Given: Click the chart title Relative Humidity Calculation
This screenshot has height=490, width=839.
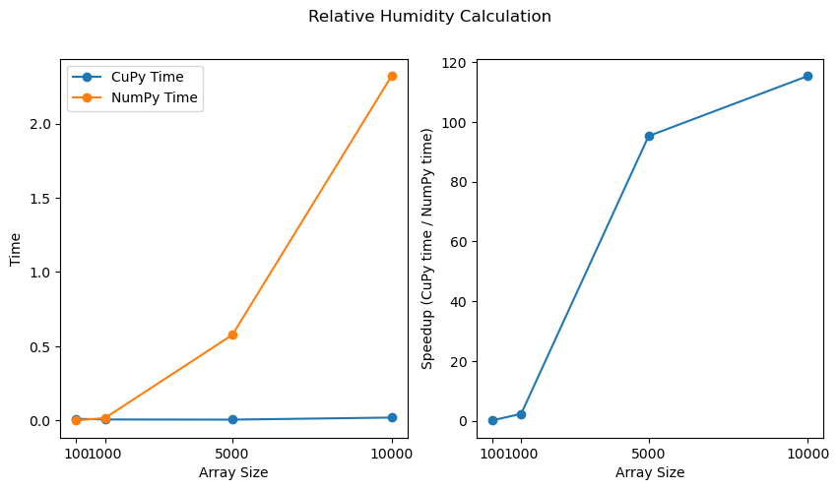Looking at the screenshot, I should (x=429, y=17).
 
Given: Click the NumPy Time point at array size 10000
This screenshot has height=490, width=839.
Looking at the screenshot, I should (x=392, y=76).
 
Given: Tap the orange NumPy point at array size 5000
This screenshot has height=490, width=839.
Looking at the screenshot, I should (x=232, y=335).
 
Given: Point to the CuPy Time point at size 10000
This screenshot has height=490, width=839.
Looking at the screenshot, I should (x=392, y=417).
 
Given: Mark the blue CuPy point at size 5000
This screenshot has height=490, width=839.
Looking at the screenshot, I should (x=232, y=419).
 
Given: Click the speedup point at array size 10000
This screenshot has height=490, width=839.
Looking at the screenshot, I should (x=807, y=76).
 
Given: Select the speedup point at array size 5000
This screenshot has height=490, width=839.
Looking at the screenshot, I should (x=649, y=136).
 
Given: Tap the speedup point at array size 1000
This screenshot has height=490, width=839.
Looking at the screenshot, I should (x=521, y=414).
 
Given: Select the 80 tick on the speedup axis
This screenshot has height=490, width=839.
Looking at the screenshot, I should (x=458, y=182).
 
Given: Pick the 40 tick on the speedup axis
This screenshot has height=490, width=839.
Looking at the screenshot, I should (x=458, y=301).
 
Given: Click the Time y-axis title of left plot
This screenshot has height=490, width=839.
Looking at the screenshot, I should (x=15, y=249).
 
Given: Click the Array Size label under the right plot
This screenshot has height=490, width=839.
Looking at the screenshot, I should (x=650, y=472).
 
